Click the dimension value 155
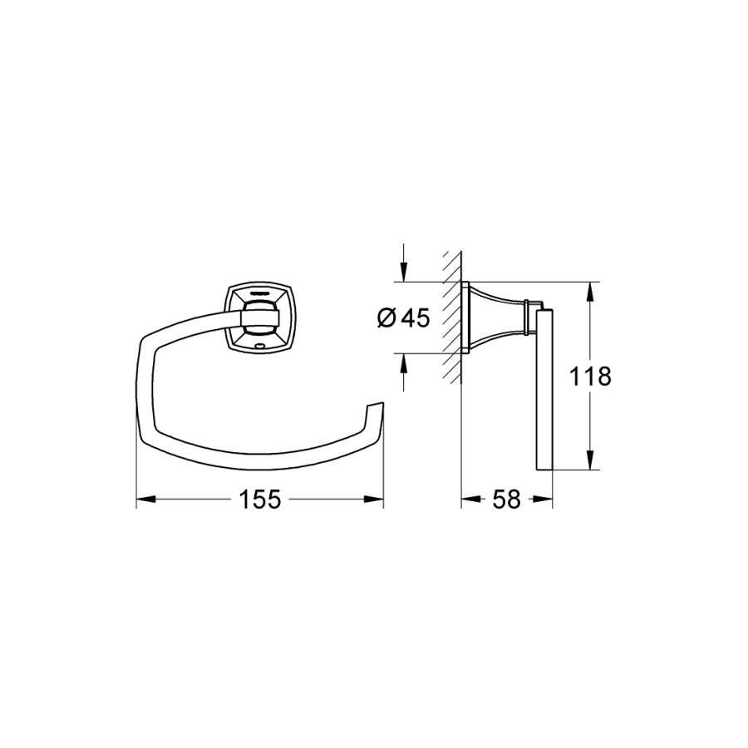pos(260,499)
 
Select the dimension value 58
pos(507,499)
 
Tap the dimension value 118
pos(590,376)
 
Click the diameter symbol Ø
pos(386,317)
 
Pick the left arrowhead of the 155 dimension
pos(146,499)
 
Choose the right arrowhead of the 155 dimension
pos(373,499)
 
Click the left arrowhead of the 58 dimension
pos(471,499)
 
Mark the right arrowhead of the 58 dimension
pos(543,499)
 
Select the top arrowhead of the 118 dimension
pos(591,292)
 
